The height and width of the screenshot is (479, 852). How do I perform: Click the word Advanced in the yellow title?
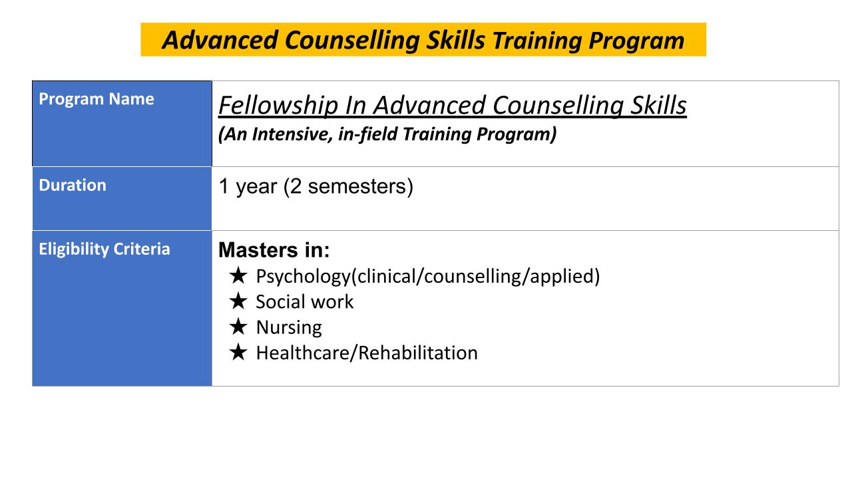click(x=220, y=40)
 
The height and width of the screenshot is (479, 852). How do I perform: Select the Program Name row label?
click(x=97, y=99)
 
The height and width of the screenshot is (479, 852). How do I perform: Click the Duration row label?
click(x=73, y=185)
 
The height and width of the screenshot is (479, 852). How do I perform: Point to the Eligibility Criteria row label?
click(x=105, y=249)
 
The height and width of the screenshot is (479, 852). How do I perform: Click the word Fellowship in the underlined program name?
click(x=278, y=106)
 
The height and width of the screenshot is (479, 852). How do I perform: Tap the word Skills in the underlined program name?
click(x=658, y=105)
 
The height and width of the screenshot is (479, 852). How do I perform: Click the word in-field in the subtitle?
click(x=367, y=134)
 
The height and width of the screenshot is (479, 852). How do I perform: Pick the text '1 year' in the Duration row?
click(x=248, y=187)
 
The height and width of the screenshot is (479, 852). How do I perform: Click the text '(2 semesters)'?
click(x=348, y=187)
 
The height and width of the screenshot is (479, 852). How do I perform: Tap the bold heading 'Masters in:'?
click(x=274, y=250)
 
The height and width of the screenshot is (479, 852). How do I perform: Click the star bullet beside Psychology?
click(x=238, y=275)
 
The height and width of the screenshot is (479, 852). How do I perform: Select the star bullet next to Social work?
click(x=238, y=301)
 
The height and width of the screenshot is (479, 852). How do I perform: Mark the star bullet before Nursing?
click(x=238, y=326)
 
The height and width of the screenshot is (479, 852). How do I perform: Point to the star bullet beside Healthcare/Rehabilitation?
click(x=238, y=352)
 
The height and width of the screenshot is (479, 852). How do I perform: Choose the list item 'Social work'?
click(x=305, y=302)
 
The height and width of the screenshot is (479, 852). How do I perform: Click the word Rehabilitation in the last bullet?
click(x=418, y=353)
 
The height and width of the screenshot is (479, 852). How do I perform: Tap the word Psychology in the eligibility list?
click(x=303, y=277)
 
